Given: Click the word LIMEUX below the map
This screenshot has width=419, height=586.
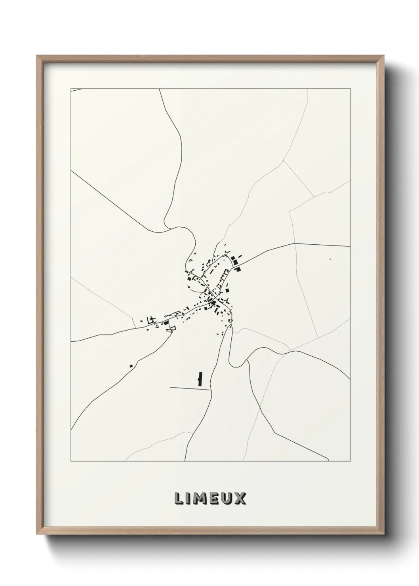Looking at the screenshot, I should (x=209, y=498).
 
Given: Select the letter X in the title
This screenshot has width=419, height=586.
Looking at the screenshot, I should (x=240, y=498).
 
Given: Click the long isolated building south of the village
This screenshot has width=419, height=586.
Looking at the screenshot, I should (x=200, y=379).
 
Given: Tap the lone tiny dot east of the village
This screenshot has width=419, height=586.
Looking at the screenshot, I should (x=330, y=259).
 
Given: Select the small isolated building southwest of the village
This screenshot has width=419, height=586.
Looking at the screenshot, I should (x=131, y=365).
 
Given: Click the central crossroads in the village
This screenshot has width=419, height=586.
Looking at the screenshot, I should (x=214, y=297).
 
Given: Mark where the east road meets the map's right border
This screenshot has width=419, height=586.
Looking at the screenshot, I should (x=350, y=246).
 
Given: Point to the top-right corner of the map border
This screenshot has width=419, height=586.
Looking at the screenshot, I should (x=350, y=88).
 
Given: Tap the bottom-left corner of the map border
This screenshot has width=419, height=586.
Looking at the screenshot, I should (x=71, y=461).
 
